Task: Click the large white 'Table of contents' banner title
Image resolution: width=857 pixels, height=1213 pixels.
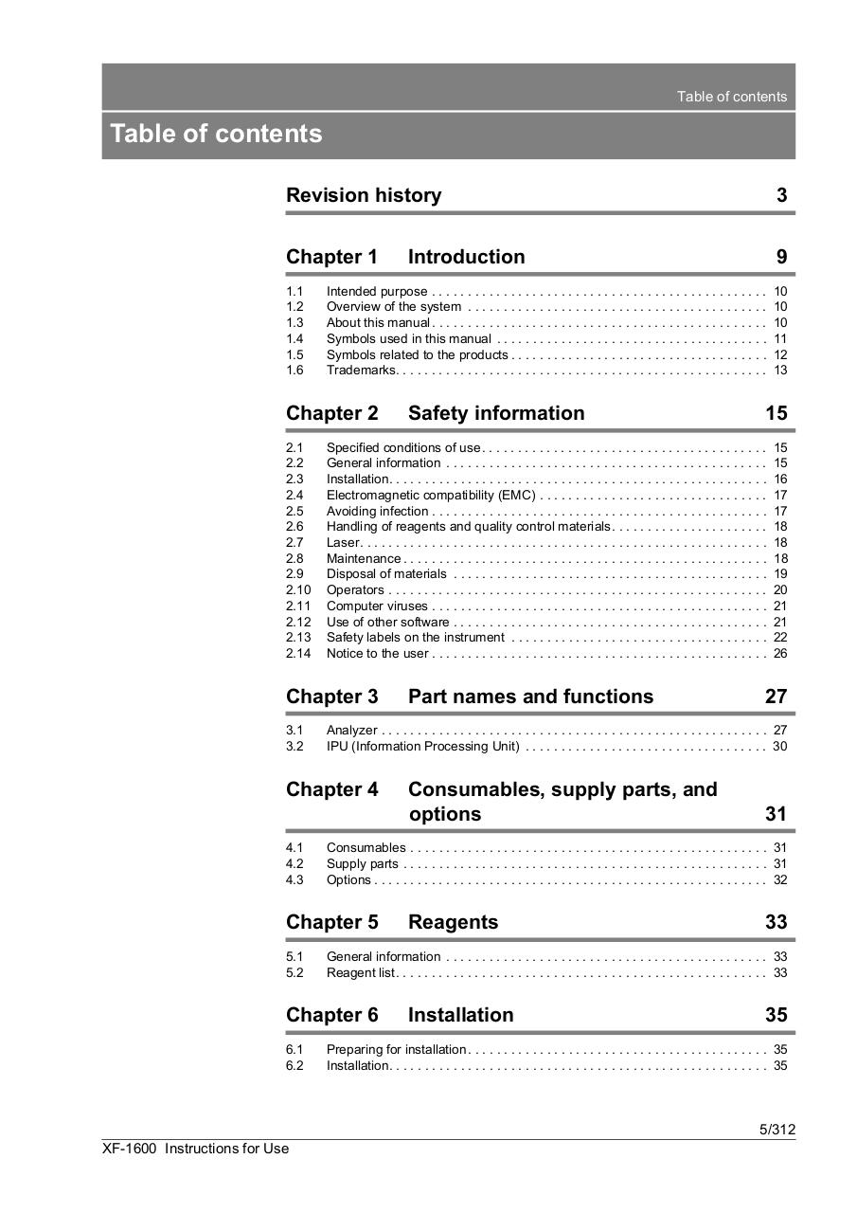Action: tap(216, 134)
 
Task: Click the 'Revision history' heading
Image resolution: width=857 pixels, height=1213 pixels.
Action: tap(364, 195)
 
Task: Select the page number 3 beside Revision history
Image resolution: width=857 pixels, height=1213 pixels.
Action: tap(781, 195)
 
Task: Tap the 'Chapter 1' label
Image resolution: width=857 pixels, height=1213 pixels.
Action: tap(331, 257)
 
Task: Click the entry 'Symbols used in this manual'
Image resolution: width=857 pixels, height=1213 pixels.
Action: tap(408, 338)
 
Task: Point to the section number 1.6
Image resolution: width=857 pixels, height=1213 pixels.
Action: tap(295, 370)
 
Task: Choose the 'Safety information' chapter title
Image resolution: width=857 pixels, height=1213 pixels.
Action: tap(496, 413)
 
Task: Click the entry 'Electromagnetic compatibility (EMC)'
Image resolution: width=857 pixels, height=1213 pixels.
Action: tap(431, 495)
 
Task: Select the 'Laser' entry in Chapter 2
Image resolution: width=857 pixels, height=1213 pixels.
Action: tap(343, 542)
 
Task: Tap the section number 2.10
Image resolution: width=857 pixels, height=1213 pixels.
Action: tap(297, 589)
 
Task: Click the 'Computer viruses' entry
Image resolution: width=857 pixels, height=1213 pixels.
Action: tap(377, 606)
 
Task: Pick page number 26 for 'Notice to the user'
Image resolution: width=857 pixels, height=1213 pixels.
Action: tap(780, 653)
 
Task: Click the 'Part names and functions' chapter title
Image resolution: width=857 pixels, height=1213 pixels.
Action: tap(530, 697)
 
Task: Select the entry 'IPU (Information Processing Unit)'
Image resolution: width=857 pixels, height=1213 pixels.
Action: tap(422, 746)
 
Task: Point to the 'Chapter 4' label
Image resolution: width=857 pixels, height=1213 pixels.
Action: tap(331, 789)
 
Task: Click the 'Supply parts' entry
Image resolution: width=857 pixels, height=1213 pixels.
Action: tap(362, 863)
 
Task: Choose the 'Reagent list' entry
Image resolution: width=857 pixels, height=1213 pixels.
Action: tap(360, 972)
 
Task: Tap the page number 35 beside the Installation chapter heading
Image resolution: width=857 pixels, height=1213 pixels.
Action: tap(776, 1015)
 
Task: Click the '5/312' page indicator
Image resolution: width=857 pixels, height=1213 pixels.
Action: tap(777, 1129)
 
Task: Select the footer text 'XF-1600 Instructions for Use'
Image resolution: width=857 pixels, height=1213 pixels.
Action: tap(196, 1149)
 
